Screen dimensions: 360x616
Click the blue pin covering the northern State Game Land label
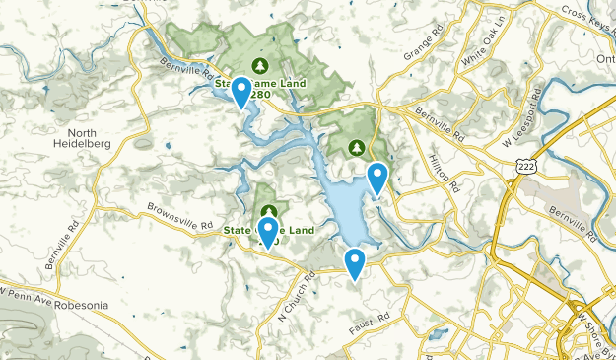click(240, 93)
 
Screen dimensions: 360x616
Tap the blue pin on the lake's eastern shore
click(377, 178)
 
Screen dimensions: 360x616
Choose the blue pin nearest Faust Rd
click(355, 262)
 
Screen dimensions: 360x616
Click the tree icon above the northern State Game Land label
click(261, 66)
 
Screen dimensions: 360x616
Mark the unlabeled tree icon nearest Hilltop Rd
click(357, 148)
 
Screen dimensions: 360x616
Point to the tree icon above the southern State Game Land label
click(269, 212)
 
